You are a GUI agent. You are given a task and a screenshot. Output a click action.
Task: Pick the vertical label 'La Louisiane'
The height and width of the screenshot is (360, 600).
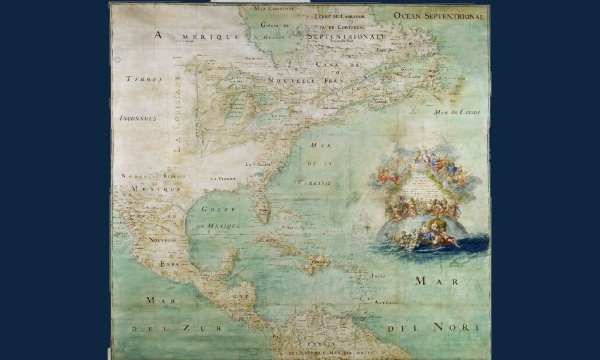(183, 118)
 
